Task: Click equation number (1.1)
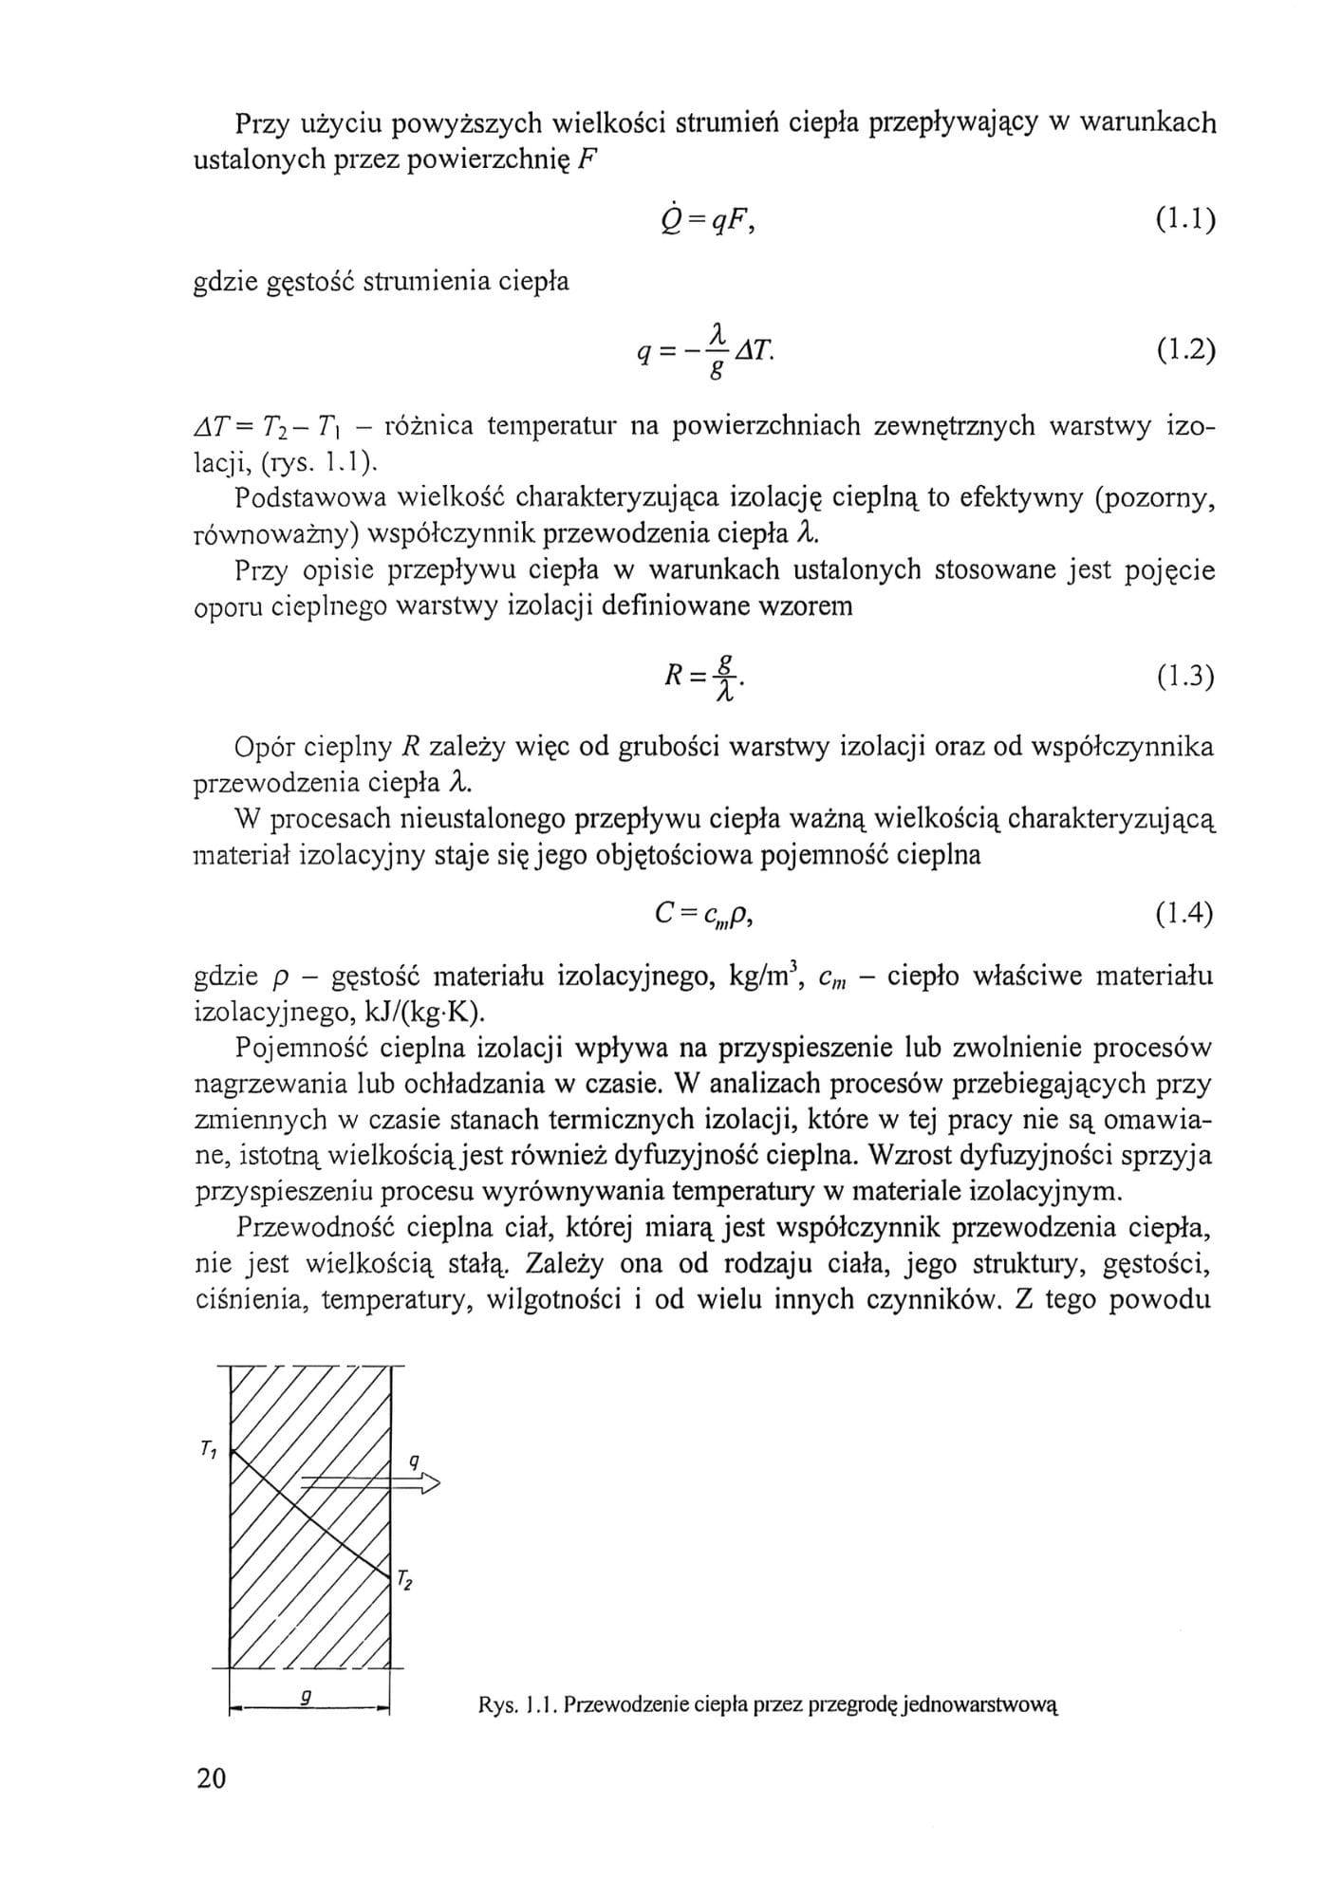pos(1185,221)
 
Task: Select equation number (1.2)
pos(1185,350)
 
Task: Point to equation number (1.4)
pos(1185,914)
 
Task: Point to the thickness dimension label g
pos(306,1699)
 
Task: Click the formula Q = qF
pos(705,220)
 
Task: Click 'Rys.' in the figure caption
pos(496,1705)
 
